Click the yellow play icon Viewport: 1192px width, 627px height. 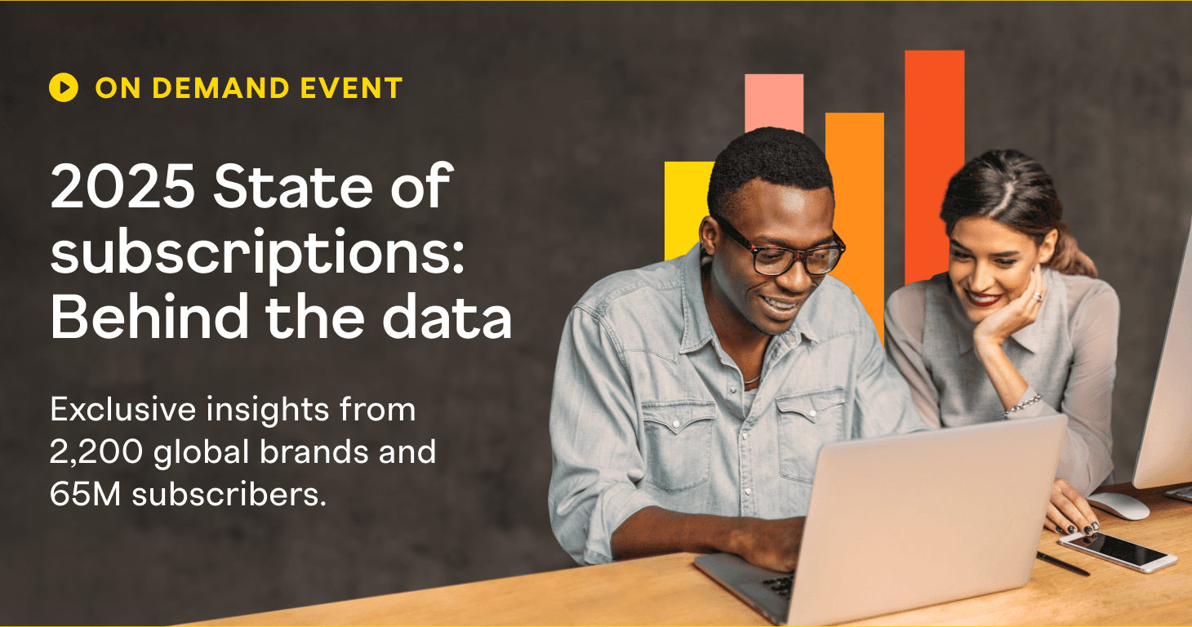[64, 87]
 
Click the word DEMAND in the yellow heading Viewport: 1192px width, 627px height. [220, 88]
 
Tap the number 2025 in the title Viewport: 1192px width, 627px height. [123, 186]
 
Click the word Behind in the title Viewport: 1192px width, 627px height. [149, 316]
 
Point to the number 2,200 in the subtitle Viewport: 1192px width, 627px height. [96, 452]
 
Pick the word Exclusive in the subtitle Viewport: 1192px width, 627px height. [123, 409]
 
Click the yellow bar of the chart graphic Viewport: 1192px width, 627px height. [687, 207]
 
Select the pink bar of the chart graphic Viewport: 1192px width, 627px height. [774, 102]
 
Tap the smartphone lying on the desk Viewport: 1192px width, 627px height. [1118, 551]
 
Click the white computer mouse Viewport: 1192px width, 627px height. [1118, 505]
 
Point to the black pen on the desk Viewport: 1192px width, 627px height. [1063, 563]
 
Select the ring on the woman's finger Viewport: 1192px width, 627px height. [1039, 296]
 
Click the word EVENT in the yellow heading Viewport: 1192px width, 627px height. [351, 88]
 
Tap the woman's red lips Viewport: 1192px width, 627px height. [982, 300]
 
